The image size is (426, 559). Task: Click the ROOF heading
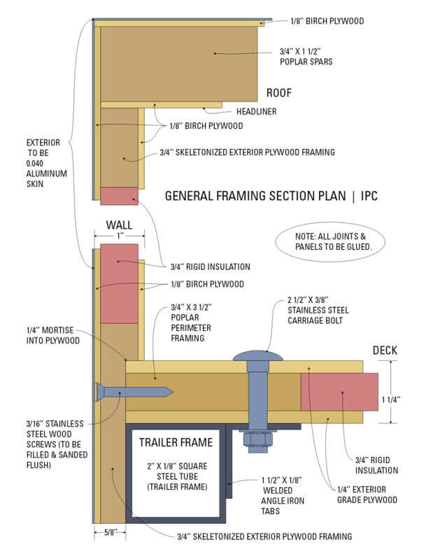point(278,93)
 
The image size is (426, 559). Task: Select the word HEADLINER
point(256,111)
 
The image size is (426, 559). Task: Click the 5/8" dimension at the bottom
point(110,531)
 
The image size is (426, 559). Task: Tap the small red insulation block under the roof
point(119,196)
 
